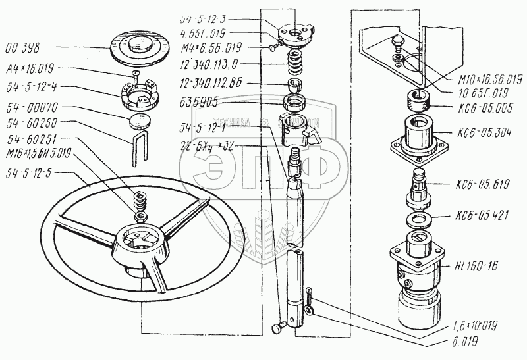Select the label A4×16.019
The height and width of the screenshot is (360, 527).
point(30,68)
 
